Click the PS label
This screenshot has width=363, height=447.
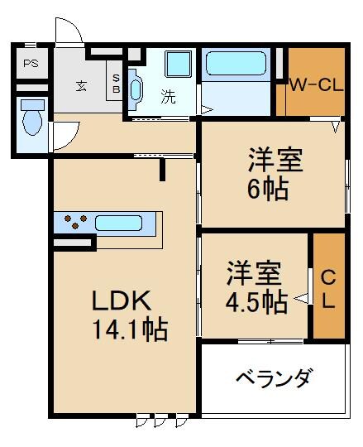coord(31,64)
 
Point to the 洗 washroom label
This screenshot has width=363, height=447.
coord(168,96)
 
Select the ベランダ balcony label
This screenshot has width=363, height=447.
coord(273,380)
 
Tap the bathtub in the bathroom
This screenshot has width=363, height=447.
coord(237,65)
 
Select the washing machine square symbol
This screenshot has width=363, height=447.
coord(178,64)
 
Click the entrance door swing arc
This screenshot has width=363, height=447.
coord(68,31)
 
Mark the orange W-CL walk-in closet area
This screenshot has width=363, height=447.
coord(316,95)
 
